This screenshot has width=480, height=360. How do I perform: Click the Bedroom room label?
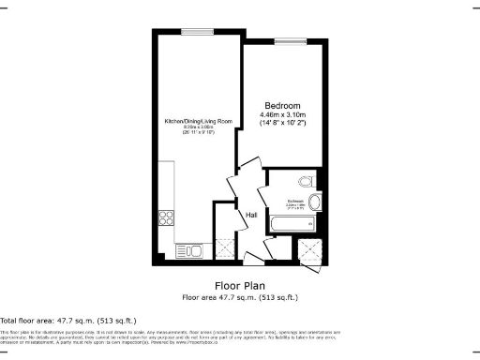[x=282, y=104]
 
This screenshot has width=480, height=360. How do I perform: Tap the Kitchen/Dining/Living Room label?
[x=199, y=122]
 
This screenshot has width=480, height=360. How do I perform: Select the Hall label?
[x=251, y=217]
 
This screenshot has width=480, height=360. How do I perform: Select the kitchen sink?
[x=185, y=249]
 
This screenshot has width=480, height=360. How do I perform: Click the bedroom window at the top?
[x=283, y=39]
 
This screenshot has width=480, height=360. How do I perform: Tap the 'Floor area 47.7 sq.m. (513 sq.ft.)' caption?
[x=239, y=296]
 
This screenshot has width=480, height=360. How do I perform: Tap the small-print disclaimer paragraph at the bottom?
[x=169, y=339]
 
